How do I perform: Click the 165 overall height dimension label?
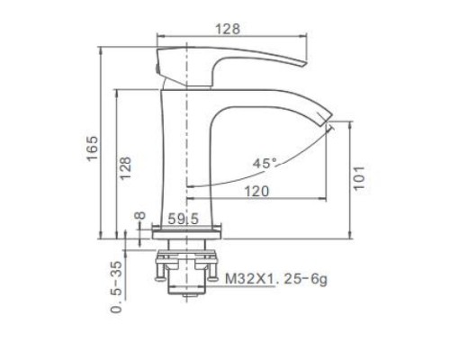click(x=93, y=148)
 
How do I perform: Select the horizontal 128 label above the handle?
click(x=228, y=29)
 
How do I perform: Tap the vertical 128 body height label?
click(x=126, y=168)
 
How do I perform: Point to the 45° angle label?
click(x=265, y=164)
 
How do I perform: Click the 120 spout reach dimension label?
click(x=257, y=191)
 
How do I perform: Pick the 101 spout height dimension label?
click(x=359, y=177)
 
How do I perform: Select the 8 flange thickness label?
click(x=139, y=216)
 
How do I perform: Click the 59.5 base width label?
click(x=183, y=219)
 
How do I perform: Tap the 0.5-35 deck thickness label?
click(x=117, y=287)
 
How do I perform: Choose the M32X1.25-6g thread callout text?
click(x=276, y=280)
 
